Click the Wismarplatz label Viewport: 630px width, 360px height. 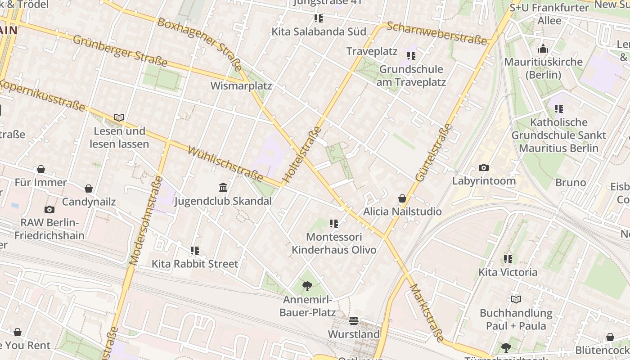(x=241, y=85)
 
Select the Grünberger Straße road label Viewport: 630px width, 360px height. (x=120, y=50)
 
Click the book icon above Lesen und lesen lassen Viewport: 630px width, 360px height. (x=119, y=118)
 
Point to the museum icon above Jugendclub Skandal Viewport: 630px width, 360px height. (x=223, y=187)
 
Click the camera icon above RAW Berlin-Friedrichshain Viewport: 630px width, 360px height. (x=49, y=209)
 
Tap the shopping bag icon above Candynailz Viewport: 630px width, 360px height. (x=89, y=189)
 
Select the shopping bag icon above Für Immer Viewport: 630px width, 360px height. (x=41, y=169)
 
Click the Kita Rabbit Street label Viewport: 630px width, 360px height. (x=195, y=264)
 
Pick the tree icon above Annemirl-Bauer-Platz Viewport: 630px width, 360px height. (x=307, y=286)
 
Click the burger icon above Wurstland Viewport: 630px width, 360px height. (x=354, y=321)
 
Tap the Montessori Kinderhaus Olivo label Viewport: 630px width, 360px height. (x=334, y=243)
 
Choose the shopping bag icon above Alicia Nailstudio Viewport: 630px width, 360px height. (x=402, y=198)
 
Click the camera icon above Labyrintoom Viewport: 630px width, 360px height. (x=484, y=168)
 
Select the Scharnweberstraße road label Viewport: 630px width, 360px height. (x=437, y=33)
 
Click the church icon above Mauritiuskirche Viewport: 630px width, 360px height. (x=543, y=49)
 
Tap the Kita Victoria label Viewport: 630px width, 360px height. (x=508, y=272)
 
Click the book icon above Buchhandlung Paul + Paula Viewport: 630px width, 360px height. (x=516, y=299)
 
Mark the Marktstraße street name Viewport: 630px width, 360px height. (x=427, y=312)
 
